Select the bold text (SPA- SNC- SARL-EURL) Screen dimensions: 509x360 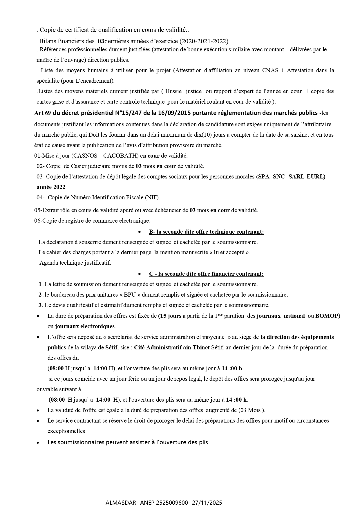291,176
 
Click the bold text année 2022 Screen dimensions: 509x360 51,187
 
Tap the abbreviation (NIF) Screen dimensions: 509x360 152,198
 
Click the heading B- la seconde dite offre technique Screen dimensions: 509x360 206,232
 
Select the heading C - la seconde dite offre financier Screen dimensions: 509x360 206,274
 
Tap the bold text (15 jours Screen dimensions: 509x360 170,316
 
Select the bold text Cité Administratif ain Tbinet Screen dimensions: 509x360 172,347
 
